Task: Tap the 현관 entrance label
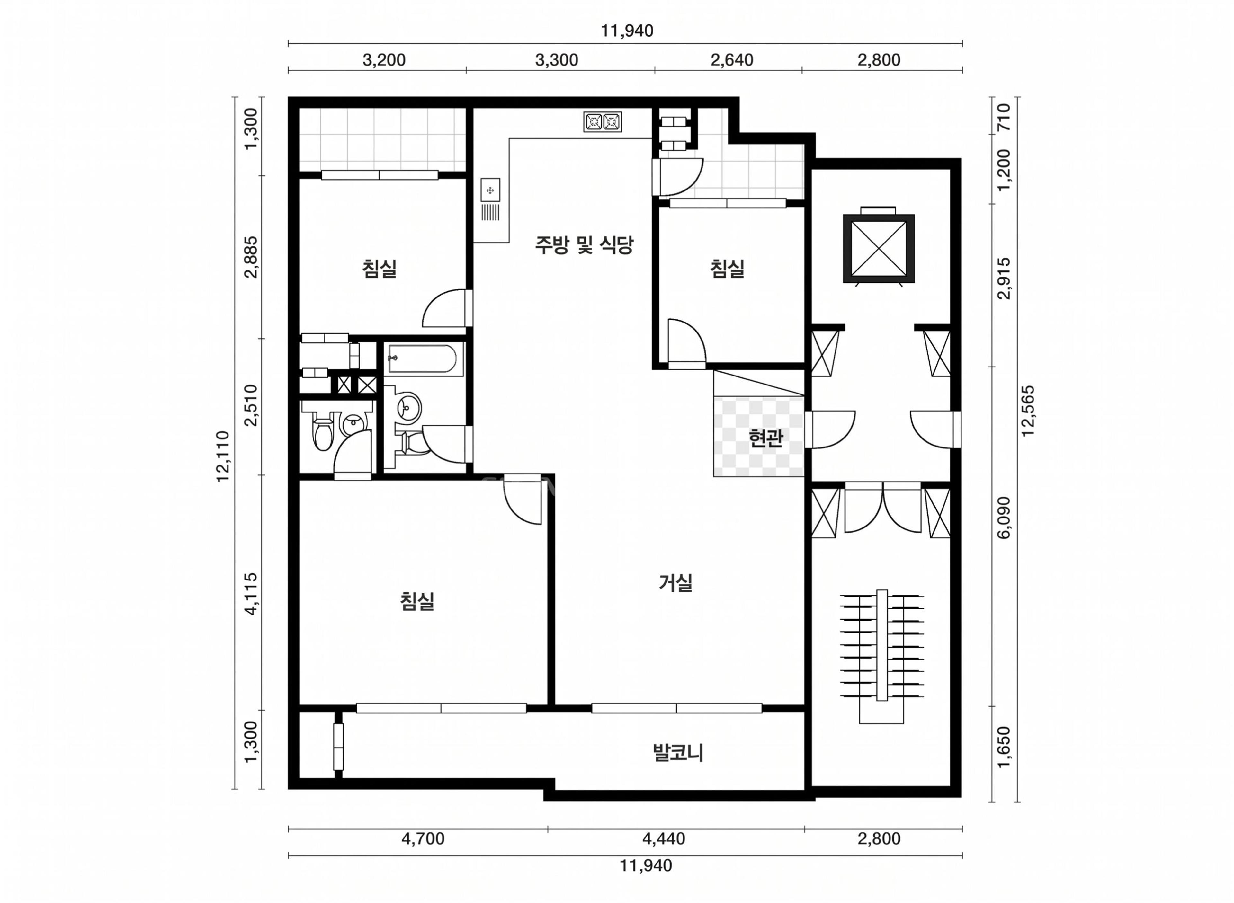tap(766, 438)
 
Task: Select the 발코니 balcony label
tap(678, 753)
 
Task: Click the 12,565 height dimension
tap(1028, 411)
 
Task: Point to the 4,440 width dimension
tap(664, 838)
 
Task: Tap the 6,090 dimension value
tap(1004, 518)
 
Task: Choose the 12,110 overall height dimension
tap(222, 456)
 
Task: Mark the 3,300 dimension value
tap(557, 59)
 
